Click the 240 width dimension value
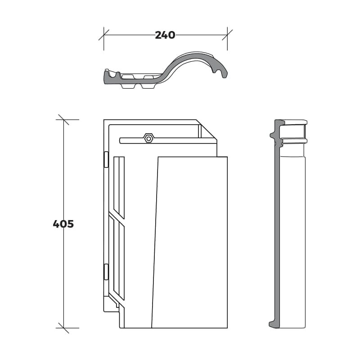(x=165, y=35)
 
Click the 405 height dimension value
(x=63, y=224)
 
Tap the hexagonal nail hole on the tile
(x=149, y=139)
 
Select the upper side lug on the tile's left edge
(x=106, y=160)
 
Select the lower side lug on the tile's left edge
(x=106, y=272)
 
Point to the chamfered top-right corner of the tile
(x=207, y=130)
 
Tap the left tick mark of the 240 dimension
(x=104, y=35)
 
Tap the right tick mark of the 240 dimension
(x=227, y=35)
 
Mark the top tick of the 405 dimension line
(x=63, y=120)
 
